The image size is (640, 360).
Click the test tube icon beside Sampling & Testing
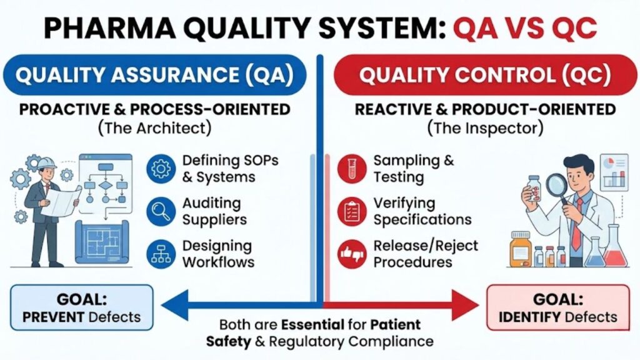(x=352, y=169)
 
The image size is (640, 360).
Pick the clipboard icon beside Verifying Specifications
(x=352, y=211)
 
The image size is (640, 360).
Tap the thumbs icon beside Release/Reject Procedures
(x=352, y=254)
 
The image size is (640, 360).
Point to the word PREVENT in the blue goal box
(x=53, y=316)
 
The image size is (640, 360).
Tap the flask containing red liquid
(x=616, y=250)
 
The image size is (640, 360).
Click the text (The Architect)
(x=155, y=129)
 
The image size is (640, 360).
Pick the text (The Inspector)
(x=485, y=129)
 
